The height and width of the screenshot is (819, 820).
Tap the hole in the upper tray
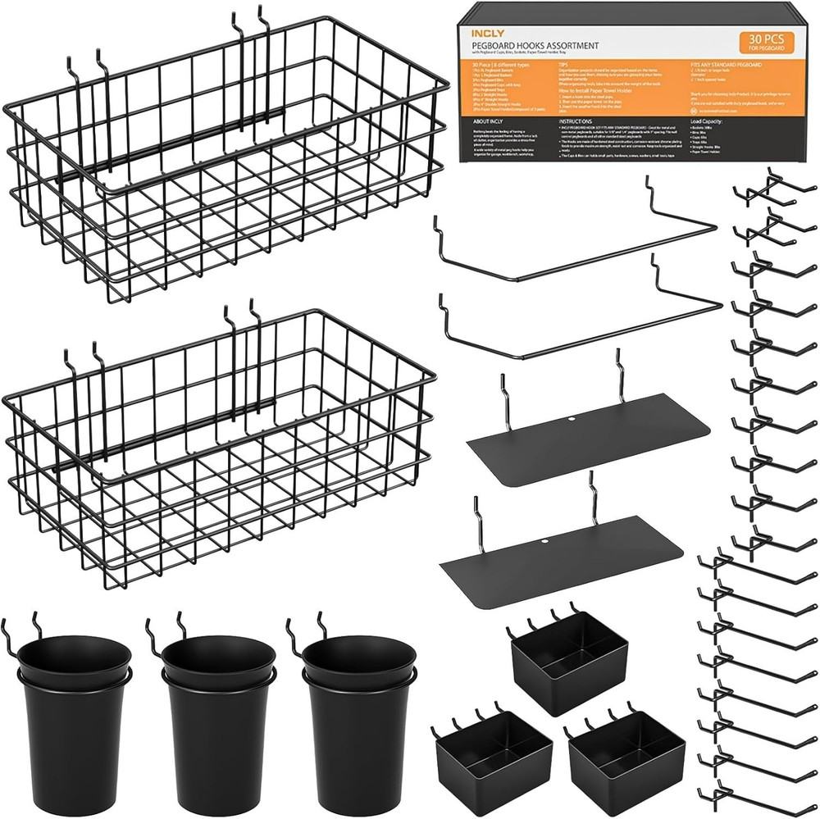(571, 421)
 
